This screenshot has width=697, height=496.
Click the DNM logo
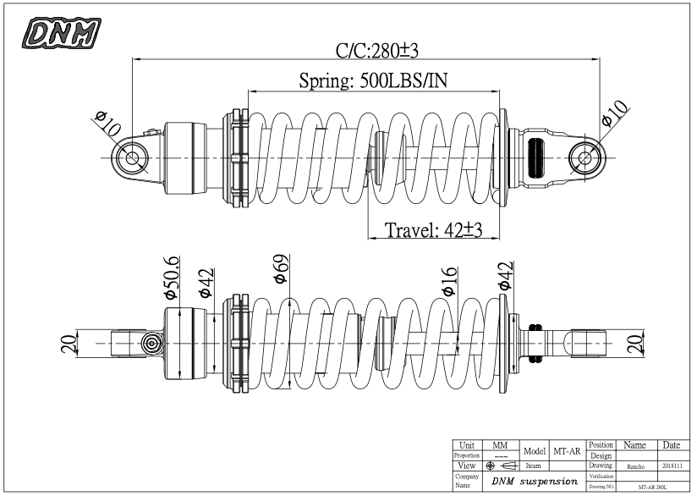tap(62, 33)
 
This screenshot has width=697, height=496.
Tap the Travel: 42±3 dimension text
tap(432, 230)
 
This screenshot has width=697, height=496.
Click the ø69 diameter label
tap(281, 269)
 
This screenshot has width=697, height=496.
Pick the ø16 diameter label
tap(449, 282)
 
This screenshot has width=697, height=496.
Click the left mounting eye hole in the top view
tap(133, 158)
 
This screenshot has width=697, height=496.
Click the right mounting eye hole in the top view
tap(585, 158)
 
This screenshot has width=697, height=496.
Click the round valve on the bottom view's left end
tap(151, 343)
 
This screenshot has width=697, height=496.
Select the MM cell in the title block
tap(499, 445)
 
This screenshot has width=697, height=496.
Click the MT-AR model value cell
tap(566, 451)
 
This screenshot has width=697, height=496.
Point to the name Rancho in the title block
tap(634, 466)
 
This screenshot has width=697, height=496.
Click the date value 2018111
tap(671, 466)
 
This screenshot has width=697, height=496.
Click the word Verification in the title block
tap(601, 477)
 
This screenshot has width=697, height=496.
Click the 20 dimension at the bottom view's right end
tap(637, 343)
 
